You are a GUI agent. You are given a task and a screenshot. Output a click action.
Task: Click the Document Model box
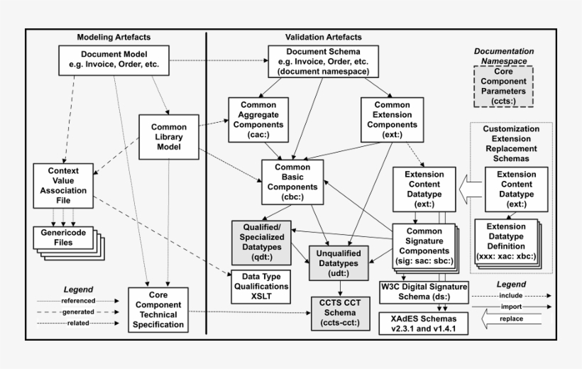(114, 60)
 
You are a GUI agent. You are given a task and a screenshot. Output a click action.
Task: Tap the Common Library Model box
(169, 137)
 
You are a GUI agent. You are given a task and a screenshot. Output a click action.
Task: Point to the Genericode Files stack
(65, 238)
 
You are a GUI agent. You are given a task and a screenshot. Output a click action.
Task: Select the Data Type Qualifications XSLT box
(261, 282)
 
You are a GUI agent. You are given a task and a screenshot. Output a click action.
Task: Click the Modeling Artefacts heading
(114, 37)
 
